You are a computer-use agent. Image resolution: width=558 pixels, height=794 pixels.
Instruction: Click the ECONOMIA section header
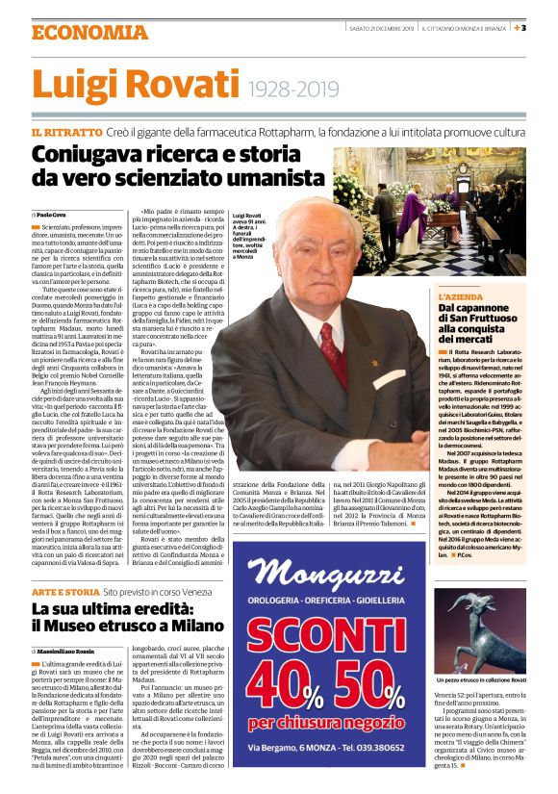pyautogui.click(x=78, y=31)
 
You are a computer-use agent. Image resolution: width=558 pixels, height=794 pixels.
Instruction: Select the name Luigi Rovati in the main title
pyautogui.click(x=135, y=87)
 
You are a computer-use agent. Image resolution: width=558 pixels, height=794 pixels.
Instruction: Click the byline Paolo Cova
pyautogui.click(x=53, y=214)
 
